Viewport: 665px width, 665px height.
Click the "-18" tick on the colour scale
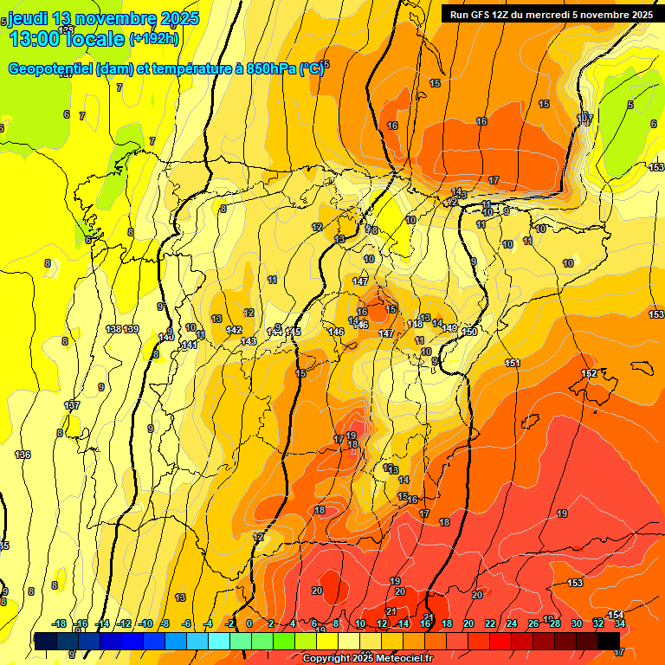[x=60, y=623]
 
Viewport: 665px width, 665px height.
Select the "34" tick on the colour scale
[x=620, y=623]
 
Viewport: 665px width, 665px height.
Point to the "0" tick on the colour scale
[x=249, y=623]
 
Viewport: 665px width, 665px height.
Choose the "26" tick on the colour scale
[x=533, y=623]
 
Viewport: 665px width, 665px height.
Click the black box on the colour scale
[x=609, y=640]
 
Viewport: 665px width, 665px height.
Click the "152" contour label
[x=589, y=373]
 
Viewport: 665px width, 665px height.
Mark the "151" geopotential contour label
[x=513, y=363]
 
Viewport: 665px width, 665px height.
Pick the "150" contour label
[x=470, y=332]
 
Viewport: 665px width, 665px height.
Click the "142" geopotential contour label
[x=234, y=330]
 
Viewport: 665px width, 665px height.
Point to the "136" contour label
[x=23, y=455]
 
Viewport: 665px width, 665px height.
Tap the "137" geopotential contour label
[x=73, y=405]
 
